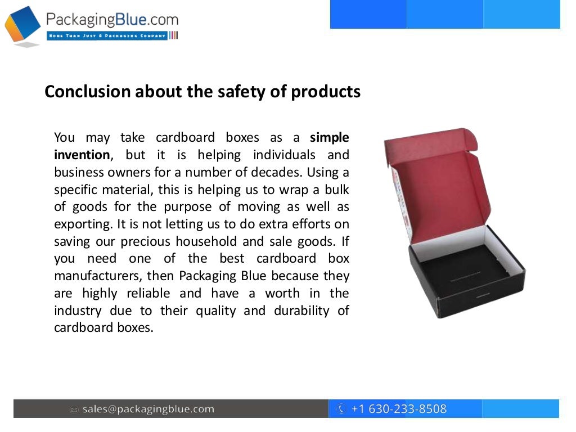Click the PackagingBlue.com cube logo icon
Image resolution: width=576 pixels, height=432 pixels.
coord(22,26)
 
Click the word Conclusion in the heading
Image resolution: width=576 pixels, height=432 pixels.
coord(87,92)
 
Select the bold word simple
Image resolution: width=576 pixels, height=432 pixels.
coord(330,137)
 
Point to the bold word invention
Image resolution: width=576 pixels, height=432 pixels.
coord(82,155)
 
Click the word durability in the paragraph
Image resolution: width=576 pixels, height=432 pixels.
coord(303,310)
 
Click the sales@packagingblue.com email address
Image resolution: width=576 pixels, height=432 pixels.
coord(148,409)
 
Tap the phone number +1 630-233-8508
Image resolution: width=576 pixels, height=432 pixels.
coord(399,409)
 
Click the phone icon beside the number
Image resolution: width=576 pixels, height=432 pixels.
coord(341,409)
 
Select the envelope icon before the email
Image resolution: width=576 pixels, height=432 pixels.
coord(74,409)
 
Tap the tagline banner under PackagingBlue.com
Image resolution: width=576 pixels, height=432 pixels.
coord(107,35)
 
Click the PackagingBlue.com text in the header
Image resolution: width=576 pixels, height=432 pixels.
coord(112,20)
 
